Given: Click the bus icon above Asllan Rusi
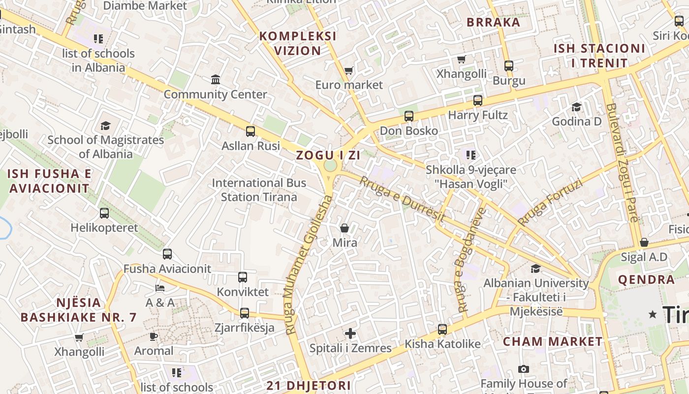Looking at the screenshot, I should coord(251,131).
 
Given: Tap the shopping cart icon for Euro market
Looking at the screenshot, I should coord(349,71).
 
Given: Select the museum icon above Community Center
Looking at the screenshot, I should coord(216,79).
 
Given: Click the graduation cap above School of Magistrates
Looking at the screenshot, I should coord(105,126).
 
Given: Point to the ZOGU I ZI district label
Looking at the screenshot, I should coord(328,156).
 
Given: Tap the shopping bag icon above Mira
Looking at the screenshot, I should coord(344,228).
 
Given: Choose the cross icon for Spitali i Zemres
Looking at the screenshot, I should coord(350,333).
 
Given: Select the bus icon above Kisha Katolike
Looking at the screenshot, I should coord(442,329).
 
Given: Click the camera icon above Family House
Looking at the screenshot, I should coord(524,369).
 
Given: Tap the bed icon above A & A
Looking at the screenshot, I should coord(160,288).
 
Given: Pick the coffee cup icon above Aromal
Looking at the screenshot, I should coord(154,336).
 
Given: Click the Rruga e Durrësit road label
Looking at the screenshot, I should coord(402,199).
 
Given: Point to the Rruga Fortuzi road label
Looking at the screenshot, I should coord(550,203).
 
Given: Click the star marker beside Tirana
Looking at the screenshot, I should coord(653,314).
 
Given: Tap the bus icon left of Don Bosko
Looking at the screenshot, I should coord(409,116).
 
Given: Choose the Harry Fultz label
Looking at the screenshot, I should coord(477,115).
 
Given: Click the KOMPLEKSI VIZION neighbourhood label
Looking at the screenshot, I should coord(298,43).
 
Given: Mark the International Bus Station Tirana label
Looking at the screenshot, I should coord(259,190).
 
